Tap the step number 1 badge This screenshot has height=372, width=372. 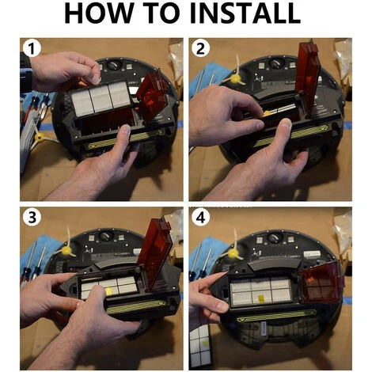pos(32,48)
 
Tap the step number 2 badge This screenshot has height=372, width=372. pos(200,48)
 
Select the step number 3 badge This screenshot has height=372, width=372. pos(32,218)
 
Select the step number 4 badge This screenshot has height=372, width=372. pos(200,218)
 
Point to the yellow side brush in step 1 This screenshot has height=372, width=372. pos(40,137)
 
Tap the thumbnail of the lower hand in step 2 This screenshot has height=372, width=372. pos(286,124)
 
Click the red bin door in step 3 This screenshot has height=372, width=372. pos(154,252)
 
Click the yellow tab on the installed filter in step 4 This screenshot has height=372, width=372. pos(260,298)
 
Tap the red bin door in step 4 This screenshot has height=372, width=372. pos(322,282)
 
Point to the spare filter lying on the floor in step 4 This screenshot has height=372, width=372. pos(200,347)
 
